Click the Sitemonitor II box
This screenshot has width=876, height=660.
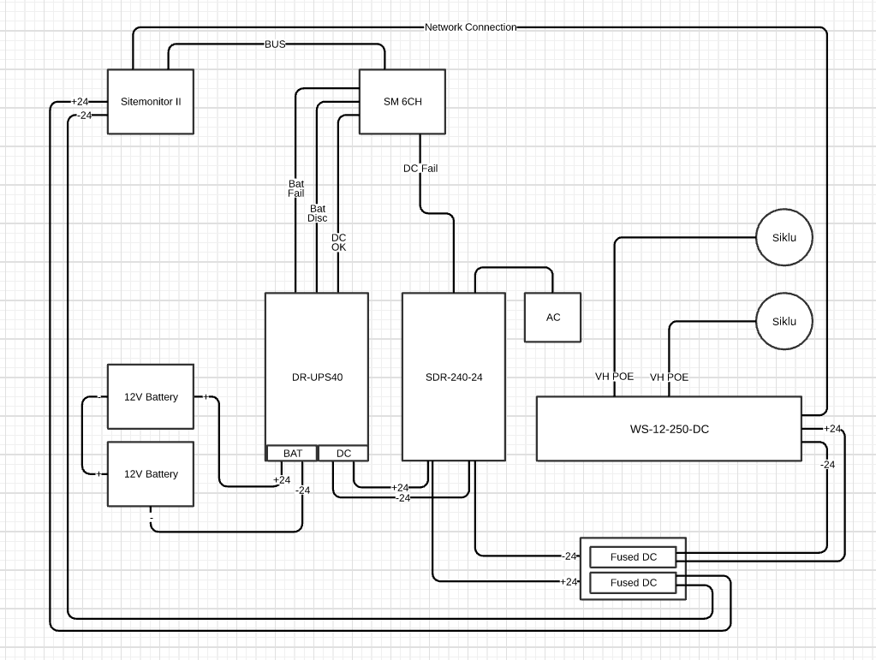pyautogui.click(x=150, y=101)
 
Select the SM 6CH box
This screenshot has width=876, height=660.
pyautogui.click(x=402, y=101)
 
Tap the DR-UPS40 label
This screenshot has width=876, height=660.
pyautogui.click(x=317, y=377)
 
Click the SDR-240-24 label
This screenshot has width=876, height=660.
pyautogui.click(x=454, y=377)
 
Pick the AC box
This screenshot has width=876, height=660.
pyautogui.click(x=552, y=318)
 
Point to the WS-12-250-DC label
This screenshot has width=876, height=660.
pyautogui.click(x=669, y=429)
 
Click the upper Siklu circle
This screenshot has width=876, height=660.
pyautogui.click(x=784, y=237)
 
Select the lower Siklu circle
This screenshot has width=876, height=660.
pyautogui.click(x=784, y=321)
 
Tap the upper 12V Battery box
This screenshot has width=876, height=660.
pyautogui.click(x=151, y=396)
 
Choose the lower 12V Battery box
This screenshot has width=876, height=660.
pyautogui.click(x=151, y=473)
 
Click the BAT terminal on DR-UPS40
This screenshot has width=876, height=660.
pyautogui.click(x=292, y=453)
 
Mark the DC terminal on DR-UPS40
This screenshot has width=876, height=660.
pyautogui.click(x=343, y=453)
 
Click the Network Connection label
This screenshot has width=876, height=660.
pyautogui.click(x=470, y=27)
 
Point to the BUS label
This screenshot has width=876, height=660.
pyautogui.click(x=275, y=44)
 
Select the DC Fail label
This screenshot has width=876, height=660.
pyautogui.click(x=420, y=169)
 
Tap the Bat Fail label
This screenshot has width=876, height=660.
pyautogui.click(x=296, y=188)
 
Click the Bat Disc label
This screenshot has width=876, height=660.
pyautogui.click(x=318, y=213)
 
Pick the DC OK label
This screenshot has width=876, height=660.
pyautogui.click(x=339, y=242)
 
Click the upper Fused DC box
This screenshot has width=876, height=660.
pyautogui.click(x=634, y=557)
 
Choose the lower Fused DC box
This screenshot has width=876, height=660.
pyautogui.click(x=634, y=583)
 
